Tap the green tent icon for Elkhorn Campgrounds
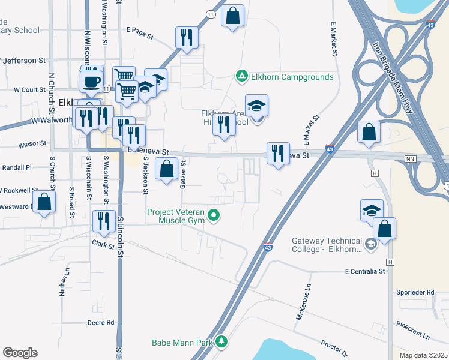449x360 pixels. coord(241,76)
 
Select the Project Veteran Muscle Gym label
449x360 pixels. coord(175,216)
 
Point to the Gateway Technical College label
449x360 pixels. coord(326,244)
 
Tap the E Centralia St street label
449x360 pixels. coord(364,272)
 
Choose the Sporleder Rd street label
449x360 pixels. coord(414,292)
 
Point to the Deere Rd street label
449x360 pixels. coord(101,322)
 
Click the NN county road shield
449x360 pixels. coord(411,159)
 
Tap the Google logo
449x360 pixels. coord(20,353)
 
